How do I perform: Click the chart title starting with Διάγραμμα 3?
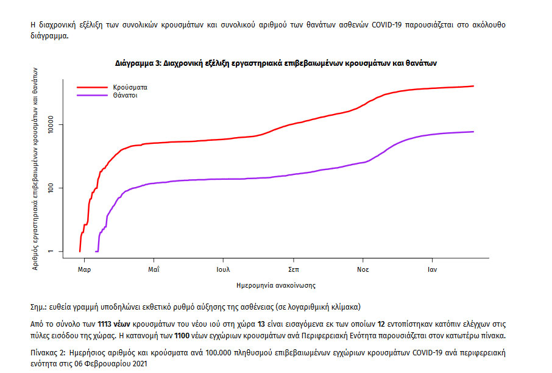coord(276,63)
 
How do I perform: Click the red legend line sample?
coord(92,87)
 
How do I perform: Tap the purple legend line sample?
coord(92,96)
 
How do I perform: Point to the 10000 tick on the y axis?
coord(53,125)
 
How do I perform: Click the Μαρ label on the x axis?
coord(84,269)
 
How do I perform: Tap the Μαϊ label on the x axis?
coord(154,269)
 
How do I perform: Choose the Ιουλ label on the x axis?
coord(223,269)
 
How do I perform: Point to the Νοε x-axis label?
coord(364,269)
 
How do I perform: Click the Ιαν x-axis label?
coord(433,269)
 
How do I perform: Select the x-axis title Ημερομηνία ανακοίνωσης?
coord(275,285)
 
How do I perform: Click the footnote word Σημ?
coord(38,307)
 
